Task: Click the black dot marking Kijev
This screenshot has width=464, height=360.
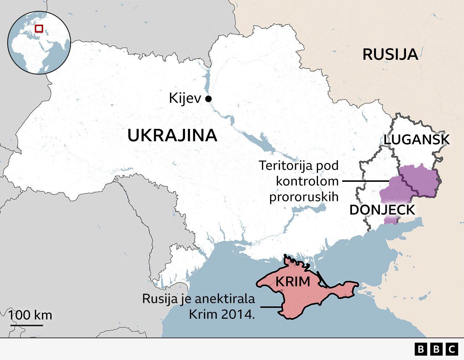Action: [x=208, y=99]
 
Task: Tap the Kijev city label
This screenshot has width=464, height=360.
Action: [x=185, y=99]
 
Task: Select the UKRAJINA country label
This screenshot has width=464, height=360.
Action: [x=172, y=135]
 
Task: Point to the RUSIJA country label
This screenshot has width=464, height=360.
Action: [x=390, y=54]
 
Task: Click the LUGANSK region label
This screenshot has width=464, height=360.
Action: [x=417, y=140]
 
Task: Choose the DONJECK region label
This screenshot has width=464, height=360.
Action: [x=382, y=210]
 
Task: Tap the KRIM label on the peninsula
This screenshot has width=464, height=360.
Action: [x=293, y=281]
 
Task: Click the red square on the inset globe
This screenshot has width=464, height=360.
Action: [x=39, y=28]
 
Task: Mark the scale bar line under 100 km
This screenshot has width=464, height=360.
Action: [x=26, y=325]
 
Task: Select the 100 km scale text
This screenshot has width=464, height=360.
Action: [x=30, y=315]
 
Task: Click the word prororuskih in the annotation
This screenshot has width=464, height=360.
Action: [x=304, y=196]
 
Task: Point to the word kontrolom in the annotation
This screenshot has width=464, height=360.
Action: [x=307, y=181]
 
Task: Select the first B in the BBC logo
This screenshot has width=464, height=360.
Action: [x=421, y=349]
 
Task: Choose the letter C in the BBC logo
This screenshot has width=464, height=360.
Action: [x=451, y=349]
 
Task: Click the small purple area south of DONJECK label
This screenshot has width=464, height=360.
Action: [x=391, y=220]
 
